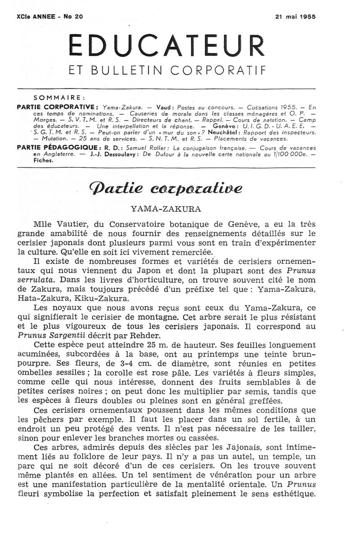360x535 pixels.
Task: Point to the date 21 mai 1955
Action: (x=295, y=16)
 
